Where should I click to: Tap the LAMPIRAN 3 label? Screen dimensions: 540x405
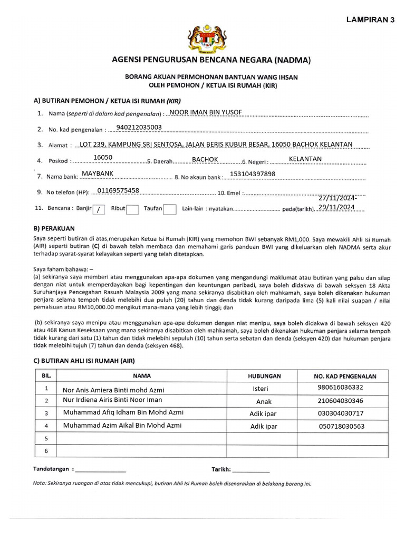tap(370, 20)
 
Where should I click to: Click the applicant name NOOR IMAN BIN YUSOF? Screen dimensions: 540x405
tap(206, 112)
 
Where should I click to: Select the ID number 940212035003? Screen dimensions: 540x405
tap(139, 127)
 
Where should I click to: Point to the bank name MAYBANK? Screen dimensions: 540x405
tap(98, 173)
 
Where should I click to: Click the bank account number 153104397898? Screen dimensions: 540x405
tap(253, 174)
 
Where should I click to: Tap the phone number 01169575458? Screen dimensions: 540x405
tap(119, 190)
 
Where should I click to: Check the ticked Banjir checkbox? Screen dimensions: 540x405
tap(99, 209)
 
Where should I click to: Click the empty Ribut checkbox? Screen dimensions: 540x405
tap(132, 209)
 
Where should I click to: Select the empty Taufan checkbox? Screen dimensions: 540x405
tap(169, 209)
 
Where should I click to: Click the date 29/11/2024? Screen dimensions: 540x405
tap(337, 207)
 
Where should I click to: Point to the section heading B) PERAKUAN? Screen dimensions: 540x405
tap(54, 229)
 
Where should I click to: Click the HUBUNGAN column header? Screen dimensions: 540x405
tap(264, 376)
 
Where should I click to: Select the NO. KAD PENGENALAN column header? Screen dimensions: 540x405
tap(345, 376)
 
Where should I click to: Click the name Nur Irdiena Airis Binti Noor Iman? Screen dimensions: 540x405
tap(112, 401)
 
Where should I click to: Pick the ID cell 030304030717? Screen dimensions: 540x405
tap(341, 413)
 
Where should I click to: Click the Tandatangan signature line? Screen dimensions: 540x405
tap(101, 469)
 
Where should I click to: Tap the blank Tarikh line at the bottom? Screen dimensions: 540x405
tap(250, 469)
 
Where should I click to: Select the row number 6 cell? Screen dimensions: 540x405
tap(46, 450)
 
